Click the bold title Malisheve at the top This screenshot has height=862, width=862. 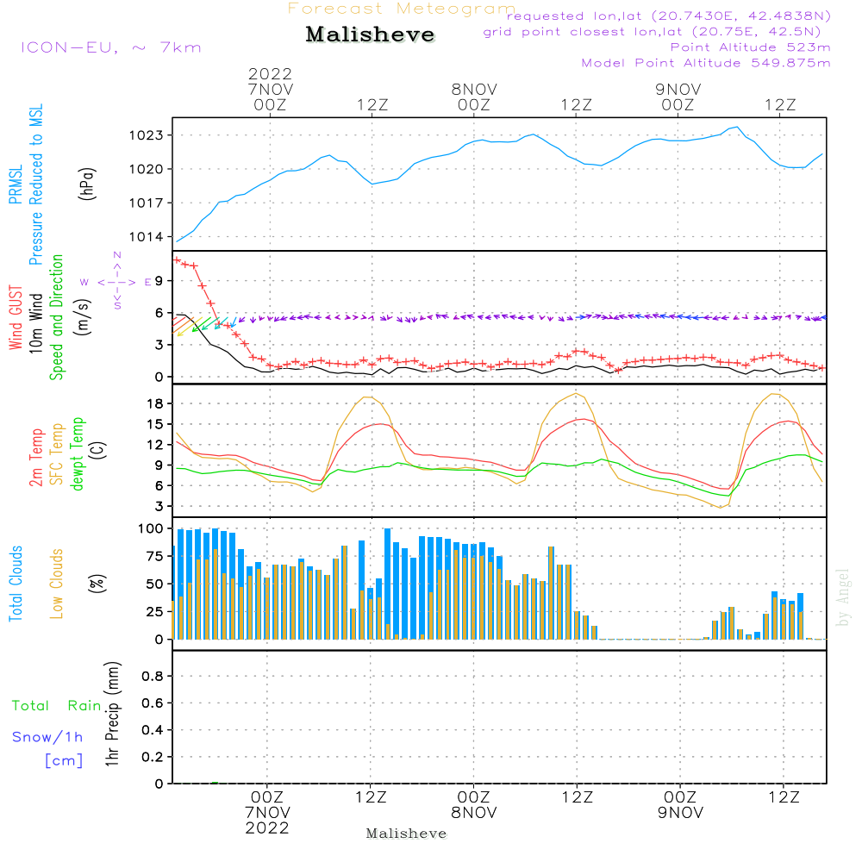(370, 35)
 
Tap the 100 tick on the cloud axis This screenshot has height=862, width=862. (152, 528)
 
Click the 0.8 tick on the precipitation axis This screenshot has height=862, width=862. (153, 677)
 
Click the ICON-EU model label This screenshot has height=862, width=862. (110, 47)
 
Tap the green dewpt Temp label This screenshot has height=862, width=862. (78, 454)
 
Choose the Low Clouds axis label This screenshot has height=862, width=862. (57, 583)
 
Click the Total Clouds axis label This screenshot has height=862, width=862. (16, 584)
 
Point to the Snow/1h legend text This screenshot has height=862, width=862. (47, 738)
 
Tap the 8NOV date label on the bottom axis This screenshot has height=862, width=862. (473, 813)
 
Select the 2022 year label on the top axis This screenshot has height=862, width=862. (271, 74)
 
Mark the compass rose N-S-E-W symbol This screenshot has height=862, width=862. (116, 281)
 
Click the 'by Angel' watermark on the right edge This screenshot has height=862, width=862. (843, 597)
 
